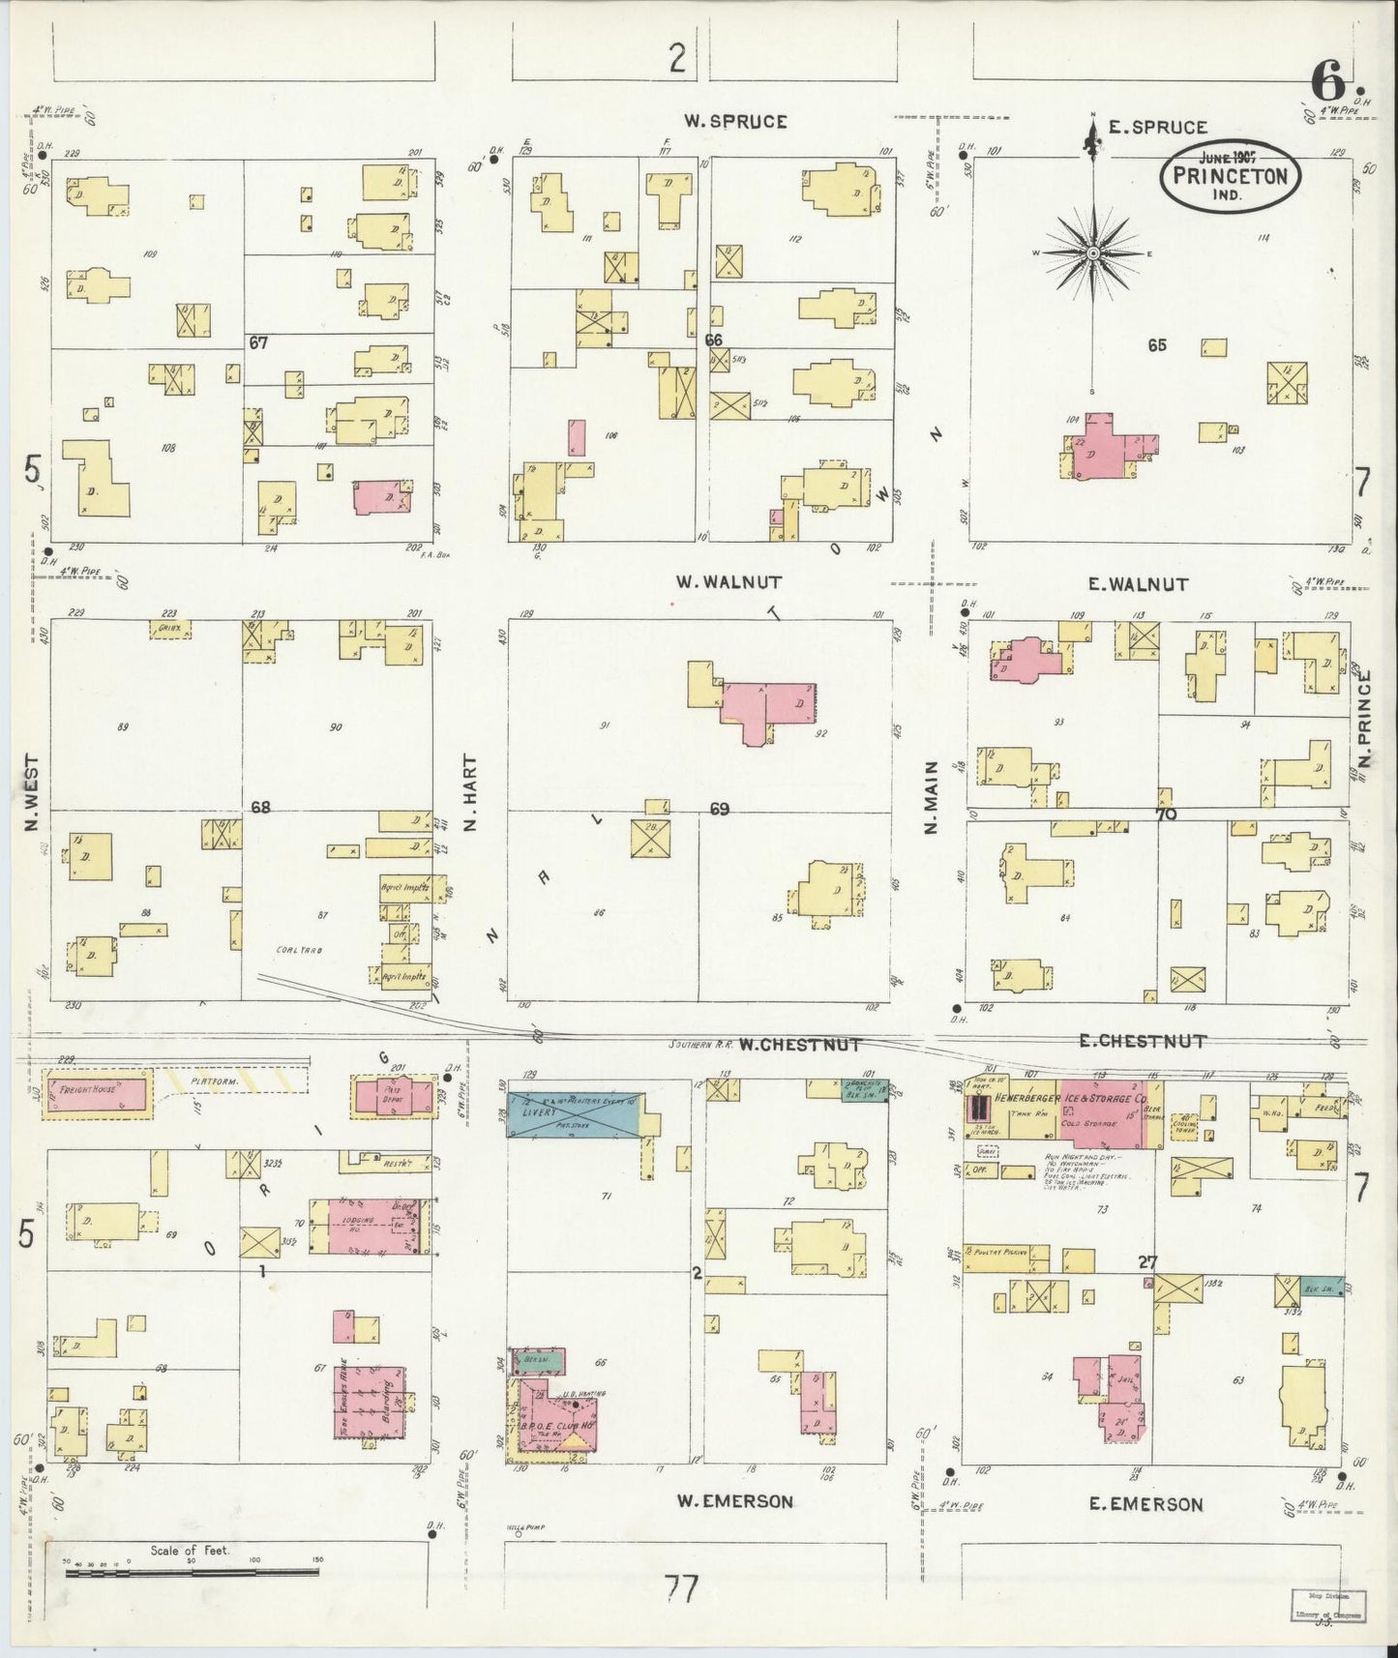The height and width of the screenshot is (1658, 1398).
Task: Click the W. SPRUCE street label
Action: coord(735,122)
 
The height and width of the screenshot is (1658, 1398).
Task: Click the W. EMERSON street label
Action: coord(734,1501)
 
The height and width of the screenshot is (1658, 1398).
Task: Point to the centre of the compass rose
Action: coord(1092,253)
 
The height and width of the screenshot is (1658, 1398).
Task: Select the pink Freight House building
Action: coord(98,1095)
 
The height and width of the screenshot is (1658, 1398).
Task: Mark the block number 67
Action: coord(257,342)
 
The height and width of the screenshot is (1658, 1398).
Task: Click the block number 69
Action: coord(719,809)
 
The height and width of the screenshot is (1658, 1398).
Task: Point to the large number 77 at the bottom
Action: coord(681,1589)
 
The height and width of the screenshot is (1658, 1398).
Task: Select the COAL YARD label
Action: coord(299,950)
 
